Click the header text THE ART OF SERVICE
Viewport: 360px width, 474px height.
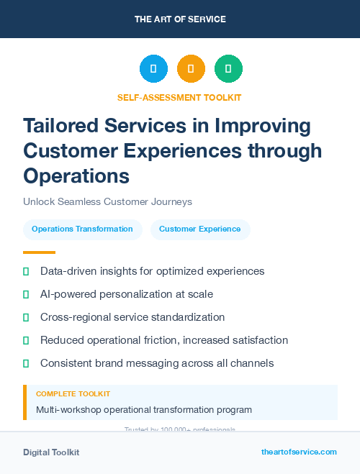(180, 19)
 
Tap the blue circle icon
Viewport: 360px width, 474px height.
(153, 69)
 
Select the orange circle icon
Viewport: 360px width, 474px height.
(191, 69)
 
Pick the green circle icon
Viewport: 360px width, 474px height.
(228, 69)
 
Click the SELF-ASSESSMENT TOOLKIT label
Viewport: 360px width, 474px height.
(180, 97)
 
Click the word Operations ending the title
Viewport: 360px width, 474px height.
(76, 175)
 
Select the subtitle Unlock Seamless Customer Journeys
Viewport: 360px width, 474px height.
(107, 202)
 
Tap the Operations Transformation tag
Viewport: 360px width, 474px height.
(82, 229)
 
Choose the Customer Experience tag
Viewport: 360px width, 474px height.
(200, 229)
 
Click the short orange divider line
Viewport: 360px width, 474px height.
(39, 252)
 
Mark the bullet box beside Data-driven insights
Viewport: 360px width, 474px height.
(27, 271)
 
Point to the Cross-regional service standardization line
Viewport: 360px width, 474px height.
(132, 317)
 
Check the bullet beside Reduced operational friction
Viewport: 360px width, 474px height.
(27, 340)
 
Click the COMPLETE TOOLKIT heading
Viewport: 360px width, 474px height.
(73, 394)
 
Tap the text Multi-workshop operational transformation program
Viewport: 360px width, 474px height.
(144, 409)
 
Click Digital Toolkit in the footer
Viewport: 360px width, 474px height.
(51, 452)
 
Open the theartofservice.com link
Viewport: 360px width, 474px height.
(299, 452)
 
